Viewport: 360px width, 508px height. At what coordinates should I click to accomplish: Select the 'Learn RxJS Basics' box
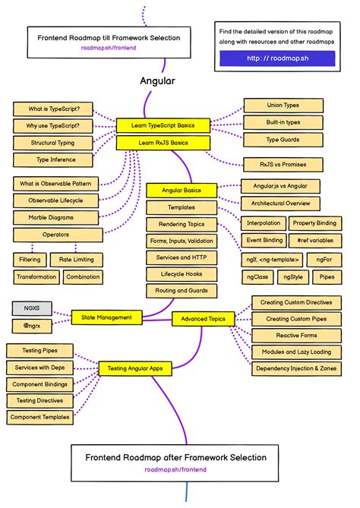(163, 142)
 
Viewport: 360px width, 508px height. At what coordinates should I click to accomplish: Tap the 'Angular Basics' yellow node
(182, 190)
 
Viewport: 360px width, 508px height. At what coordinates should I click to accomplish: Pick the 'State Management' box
(106, 317)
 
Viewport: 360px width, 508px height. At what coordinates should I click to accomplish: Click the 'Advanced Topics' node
(203, 320)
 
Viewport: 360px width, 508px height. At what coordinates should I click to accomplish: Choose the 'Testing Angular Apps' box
(134, 369)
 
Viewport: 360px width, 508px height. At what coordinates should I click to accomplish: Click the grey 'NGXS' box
(31, 309)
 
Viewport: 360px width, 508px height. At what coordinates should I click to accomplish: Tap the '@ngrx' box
(31, 326)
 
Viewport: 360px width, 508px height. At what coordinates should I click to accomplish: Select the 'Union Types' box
(283, 106)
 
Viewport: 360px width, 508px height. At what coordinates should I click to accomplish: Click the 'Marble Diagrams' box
(57, 217)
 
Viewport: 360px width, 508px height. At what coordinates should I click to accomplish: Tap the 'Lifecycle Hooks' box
(182, 274)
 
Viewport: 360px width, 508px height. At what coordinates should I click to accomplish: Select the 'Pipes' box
(327, 277)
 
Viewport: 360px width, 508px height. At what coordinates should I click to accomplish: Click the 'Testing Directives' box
(39, 400)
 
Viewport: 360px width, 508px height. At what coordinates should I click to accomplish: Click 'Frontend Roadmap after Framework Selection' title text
(175, 457)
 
